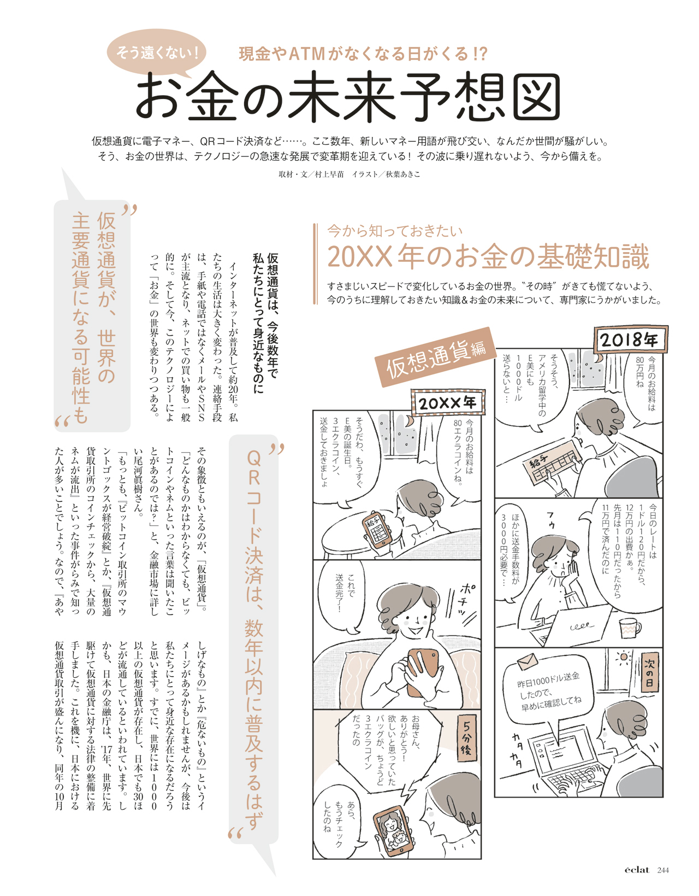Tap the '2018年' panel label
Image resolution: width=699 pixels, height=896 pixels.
630,340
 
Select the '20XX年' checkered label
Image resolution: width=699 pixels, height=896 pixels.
448,402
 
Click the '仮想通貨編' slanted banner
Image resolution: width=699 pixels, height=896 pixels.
436,357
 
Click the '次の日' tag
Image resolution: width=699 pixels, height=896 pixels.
649,672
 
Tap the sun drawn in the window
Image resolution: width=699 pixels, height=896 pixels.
624,657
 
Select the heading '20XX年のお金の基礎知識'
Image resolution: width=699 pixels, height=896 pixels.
489,256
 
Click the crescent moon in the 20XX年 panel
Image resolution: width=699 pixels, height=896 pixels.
408,421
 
